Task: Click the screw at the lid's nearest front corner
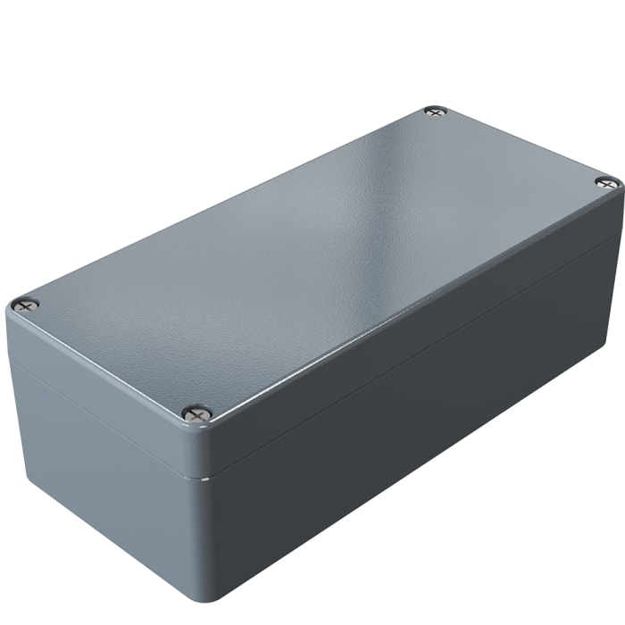tap(197, 412)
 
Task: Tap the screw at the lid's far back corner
tap(435, 112)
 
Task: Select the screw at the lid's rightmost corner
tap(607, 183)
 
